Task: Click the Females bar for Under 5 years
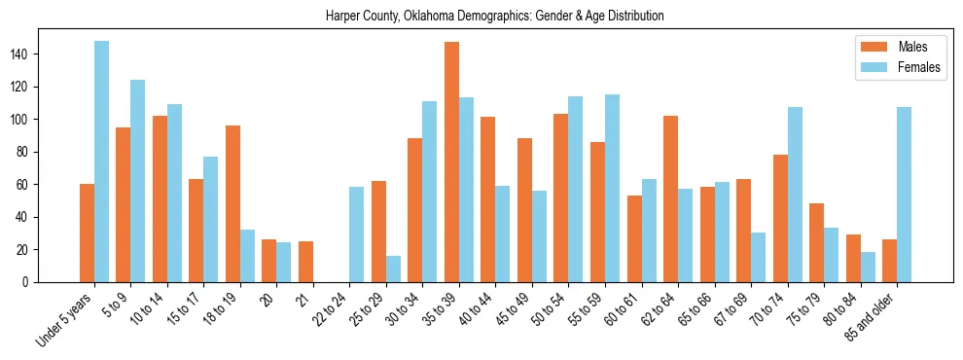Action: (x=101, y=162)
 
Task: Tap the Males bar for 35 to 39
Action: (x=451, y=162)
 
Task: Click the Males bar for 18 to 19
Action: (x=232, y=203)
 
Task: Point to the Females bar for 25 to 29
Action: (x=393, y=269)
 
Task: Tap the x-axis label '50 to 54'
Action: (x=553, y=308)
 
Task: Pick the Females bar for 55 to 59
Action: (x=612, y=188)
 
